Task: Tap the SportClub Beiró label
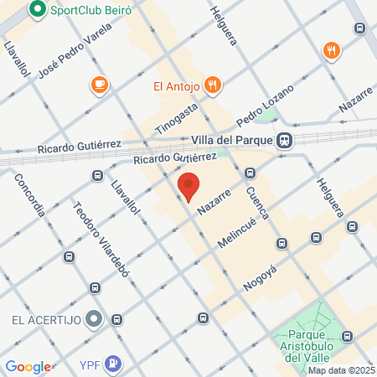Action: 90,11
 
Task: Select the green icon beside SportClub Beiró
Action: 37,11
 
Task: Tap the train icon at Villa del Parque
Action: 286,140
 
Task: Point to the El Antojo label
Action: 174,85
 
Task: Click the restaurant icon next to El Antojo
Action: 213,85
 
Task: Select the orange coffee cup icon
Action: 99,85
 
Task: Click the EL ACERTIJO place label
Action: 44,320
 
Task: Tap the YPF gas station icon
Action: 115,364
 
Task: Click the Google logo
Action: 28,366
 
